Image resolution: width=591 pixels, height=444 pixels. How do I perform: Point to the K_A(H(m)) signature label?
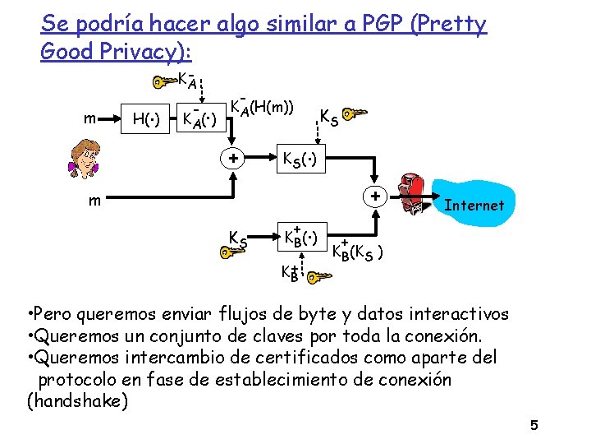[x=262, y=106]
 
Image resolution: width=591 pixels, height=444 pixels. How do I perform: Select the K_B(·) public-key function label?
[x=300, y=237]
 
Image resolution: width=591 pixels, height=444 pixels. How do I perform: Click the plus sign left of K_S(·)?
[x=233, y=158]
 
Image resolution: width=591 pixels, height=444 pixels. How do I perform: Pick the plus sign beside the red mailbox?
[x=374, y=198]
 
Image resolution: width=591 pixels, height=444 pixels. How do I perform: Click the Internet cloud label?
[x=474, y=205]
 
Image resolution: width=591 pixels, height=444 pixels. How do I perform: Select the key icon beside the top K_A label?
[x=163, y=82]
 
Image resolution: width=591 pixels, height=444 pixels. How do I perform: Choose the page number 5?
[x=534, y=425]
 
